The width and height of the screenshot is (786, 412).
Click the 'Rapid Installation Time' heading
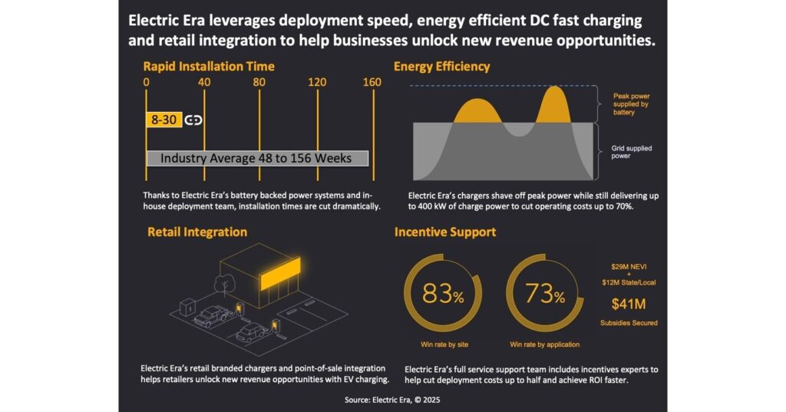click(x=208, y=67)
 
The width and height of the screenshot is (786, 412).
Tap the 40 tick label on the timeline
click(x=204, y=82)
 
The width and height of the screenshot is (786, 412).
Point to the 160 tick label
click(x=372, y=82)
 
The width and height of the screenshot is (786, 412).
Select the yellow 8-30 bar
click(x=163, y=120)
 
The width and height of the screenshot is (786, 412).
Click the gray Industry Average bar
click(x=257, y=158)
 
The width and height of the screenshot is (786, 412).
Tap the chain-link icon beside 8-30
click(x=193, y=120)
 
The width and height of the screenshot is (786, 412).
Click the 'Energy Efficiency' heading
click(x=441, y=67)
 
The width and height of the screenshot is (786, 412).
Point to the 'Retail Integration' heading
click(x=197, y=231)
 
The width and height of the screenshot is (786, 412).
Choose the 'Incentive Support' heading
click(x=445, y=231)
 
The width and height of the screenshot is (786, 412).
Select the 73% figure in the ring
click(x=544, y=294)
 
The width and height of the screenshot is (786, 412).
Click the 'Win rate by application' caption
click(x=544, y=344)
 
